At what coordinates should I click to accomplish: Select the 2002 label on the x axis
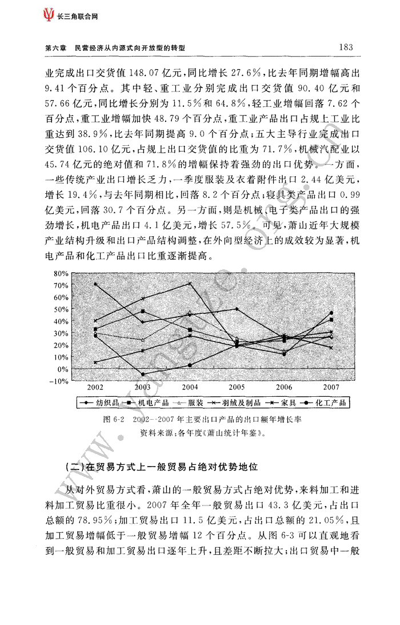[95, 387]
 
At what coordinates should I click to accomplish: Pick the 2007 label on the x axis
[331, 387]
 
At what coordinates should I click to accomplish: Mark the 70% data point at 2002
[95, 284]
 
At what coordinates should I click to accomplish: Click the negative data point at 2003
[143, 375]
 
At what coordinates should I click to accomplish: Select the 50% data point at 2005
[237, 309]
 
